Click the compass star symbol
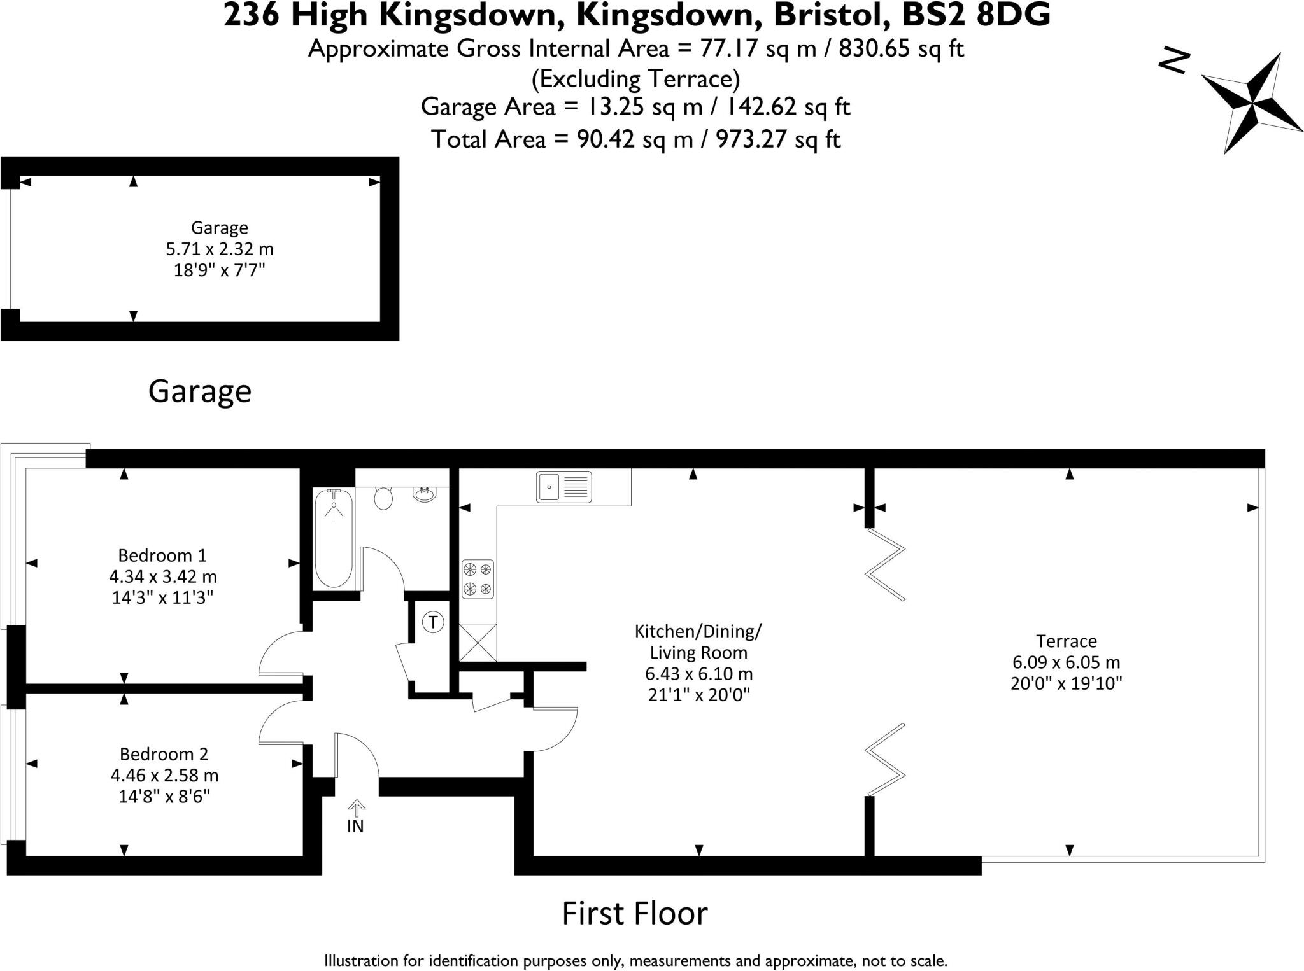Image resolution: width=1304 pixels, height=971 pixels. click(1251, 102)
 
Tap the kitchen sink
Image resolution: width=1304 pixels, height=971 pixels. click(563, 487)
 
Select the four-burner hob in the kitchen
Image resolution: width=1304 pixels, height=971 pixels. click(478, 579)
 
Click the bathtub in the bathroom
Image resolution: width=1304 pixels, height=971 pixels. click(333, 538)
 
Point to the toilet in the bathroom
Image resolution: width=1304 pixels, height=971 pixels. click(383, 498)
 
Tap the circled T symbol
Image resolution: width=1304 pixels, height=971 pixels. click(434, 622)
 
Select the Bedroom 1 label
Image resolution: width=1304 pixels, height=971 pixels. click(162, 555)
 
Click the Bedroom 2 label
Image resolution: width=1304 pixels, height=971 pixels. click(164, 754)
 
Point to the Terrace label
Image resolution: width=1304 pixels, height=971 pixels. click(1066, 641)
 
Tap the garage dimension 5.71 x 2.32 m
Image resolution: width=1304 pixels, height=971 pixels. click(220, 249)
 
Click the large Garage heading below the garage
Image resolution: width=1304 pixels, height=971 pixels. click(200, 391)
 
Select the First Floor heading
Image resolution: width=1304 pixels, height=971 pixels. click(635, 914)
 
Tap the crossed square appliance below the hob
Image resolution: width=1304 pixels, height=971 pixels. click(478, 643)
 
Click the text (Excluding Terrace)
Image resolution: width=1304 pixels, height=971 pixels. click(635, 79)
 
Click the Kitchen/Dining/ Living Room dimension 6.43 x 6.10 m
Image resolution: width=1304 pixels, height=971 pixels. click(698, 673)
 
